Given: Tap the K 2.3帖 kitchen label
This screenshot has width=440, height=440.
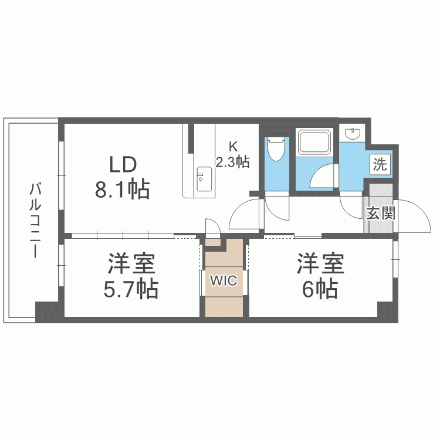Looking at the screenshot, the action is coord(233,155).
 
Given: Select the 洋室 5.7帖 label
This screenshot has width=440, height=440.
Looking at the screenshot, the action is coord(131,276).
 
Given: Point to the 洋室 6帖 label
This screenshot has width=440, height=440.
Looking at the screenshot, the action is coord(320,276).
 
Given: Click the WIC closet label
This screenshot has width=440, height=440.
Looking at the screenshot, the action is coord(224,280).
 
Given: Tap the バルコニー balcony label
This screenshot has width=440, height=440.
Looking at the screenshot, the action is coord(36,221).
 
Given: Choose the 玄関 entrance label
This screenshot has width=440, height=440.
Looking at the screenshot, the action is coord(381,213).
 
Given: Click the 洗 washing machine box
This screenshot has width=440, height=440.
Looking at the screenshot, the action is coord(380,164).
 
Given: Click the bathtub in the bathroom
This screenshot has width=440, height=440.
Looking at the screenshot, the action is coord(315,142).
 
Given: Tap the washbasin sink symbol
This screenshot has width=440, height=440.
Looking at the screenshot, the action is coord(353,134).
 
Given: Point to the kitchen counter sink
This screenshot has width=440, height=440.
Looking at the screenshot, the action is coord(204,179).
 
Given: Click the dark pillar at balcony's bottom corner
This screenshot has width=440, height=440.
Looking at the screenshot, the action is coord(46,312).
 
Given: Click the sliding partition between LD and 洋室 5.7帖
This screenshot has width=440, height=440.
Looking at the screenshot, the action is coord(123,236).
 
